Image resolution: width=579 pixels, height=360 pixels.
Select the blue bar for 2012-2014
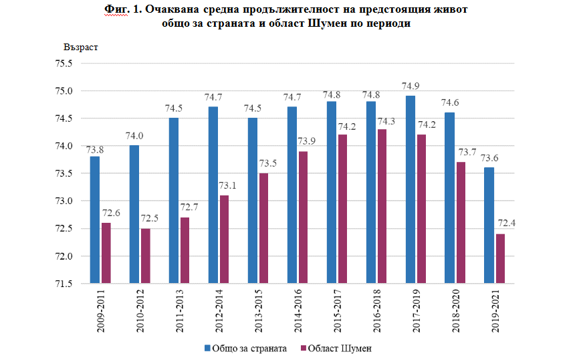[x=213, y=195]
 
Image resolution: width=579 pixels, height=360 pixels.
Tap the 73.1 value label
[x=225, y=185]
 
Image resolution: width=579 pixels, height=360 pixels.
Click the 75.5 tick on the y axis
[x=64, y=64]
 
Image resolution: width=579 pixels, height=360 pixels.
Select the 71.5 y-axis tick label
[x=64, y=284]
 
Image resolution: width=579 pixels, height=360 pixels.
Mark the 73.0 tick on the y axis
[x=64, y=201]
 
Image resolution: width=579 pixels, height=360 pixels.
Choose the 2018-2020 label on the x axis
[x=456, y=312]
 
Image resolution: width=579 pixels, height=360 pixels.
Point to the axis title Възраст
[x=82, y=48]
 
